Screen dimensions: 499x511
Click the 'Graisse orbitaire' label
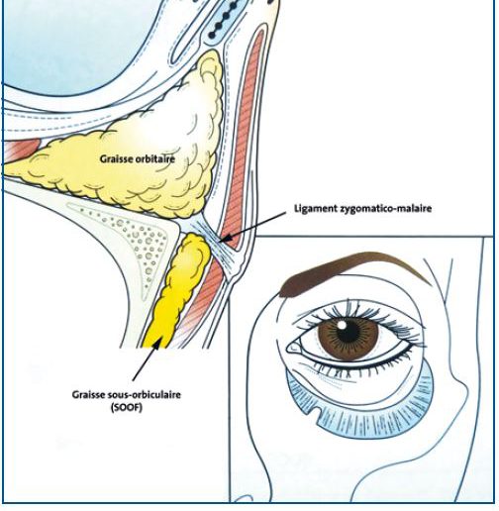pyautogui.click(x=138, y=158)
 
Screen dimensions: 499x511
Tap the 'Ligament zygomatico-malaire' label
pyautogui.click(x=362, y=208)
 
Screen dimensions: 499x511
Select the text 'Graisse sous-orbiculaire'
pyautogui.click(x=127, y=394)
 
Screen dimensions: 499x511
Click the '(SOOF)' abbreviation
pyautogui.click(x=127, y=408)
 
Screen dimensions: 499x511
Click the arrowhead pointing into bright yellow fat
pyautogui.click(x=157, y=344)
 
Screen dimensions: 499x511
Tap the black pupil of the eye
pyautogui.click(x=348, y=330)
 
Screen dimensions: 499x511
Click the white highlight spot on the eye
pyautogui.click(x=342, y=325)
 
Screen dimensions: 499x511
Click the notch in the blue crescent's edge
pyautogui.click(x=319, y=413)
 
